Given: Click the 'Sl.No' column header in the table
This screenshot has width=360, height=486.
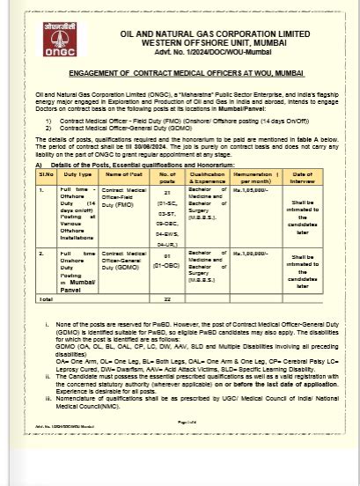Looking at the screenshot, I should click(x=46, y=176).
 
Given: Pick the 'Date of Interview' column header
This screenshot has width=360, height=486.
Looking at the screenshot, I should click(x=301, y=176).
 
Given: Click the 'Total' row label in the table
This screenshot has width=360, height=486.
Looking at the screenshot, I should click(x=46, y=299).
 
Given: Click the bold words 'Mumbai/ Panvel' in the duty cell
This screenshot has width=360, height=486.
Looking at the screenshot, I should click(x=77, y=282).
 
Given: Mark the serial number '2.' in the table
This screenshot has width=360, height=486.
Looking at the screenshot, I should click(x=41, y=253).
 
